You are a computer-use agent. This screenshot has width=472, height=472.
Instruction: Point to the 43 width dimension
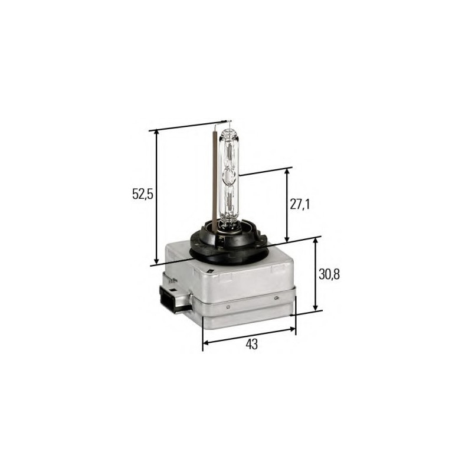tap(252, 345)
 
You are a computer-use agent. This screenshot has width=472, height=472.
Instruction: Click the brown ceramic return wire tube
tap(213, 177)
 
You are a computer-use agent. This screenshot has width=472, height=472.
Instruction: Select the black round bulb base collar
tap(227, 242)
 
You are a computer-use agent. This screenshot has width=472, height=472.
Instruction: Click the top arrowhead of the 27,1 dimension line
tap(287, 172)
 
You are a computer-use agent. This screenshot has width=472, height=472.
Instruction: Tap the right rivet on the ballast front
tap(276, 299)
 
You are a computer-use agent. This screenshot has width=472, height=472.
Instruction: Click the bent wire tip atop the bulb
tap(221, 122)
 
